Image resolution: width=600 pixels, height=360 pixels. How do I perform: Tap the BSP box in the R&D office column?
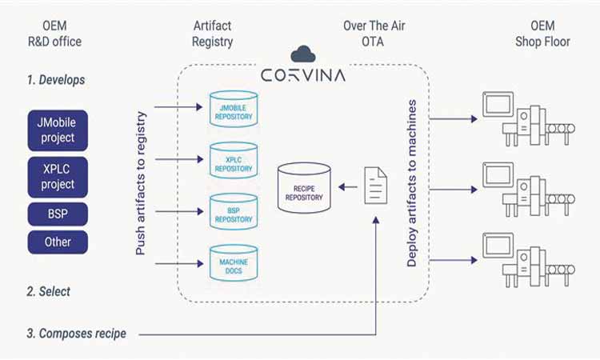tap(58, 214)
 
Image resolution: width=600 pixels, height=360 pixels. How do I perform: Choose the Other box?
tap(58, 242)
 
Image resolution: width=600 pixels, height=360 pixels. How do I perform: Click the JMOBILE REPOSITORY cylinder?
tap(232, 110)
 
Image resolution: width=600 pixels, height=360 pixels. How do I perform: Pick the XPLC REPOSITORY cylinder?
tap(232, 160)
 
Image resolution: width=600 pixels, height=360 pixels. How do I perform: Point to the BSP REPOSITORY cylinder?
tap(232, 210)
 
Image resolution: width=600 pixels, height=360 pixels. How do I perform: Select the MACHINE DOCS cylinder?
tap(232, 262)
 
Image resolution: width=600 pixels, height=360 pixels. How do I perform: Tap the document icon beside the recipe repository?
tap(377, 186)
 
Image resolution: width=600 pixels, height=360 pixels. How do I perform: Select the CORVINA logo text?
tap(303, 76)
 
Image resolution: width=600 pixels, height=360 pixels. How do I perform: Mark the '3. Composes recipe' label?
tap(76, 333)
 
